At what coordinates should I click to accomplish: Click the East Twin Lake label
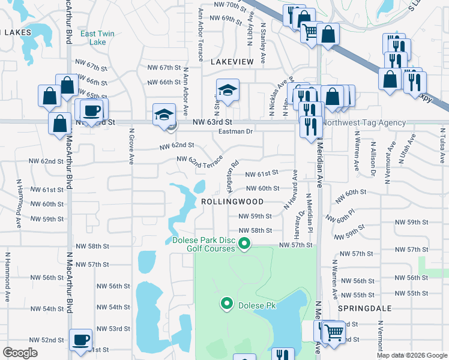[x=93, y=38]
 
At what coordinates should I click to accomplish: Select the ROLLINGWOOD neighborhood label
[x=232, y=202]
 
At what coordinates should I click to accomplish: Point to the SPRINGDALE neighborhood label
[x=364, y=308]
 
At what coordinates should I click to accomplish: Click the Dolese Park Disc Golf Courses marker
[x=244, y=243]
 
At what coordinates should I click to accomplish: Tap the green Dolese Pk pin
[x=227, y=305]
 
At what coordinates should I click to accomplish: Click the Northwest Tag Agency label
[x=364, y=122]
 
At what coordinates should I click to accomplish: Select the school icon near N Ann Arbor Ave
[x=164, y=115]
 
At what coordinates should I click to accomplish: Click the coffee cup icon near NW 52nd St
[x=80, y=340]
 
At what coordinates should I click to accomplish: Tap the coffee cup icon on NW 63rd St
[x=92, y=110]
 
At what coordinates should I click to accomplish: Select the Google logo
[x=20, y=353]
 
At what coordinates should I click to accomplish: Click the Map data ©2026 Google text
[x=412, y=355]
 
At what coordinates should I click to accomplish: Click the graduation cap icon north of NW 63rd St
[x=228, y=90]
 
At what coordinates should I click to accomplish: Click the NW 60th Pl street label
[x=350, y=215]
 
